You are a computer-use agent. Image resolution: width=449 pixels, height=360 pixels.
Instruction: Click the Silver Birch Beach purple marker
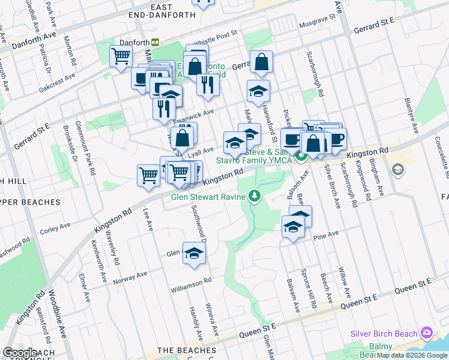426,332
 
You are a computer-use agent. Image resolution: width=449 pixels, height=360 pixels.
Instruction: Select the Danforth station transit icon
155,42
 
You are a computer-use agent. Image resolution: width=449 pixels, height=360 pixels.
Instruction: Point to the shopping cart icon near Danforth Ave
121,56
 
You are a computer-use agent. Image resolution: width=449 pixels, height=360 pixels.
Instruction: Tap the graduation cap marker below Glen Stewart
194,253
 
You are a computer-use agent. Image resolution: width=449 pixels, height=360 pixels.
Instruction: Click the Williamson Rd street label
191,280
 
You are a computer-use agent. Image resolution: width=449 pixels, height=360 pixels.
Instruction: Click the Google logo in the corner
20,353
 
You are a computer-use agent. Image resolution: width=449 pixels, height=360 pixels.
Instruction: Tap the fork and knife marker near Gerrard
207,85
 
